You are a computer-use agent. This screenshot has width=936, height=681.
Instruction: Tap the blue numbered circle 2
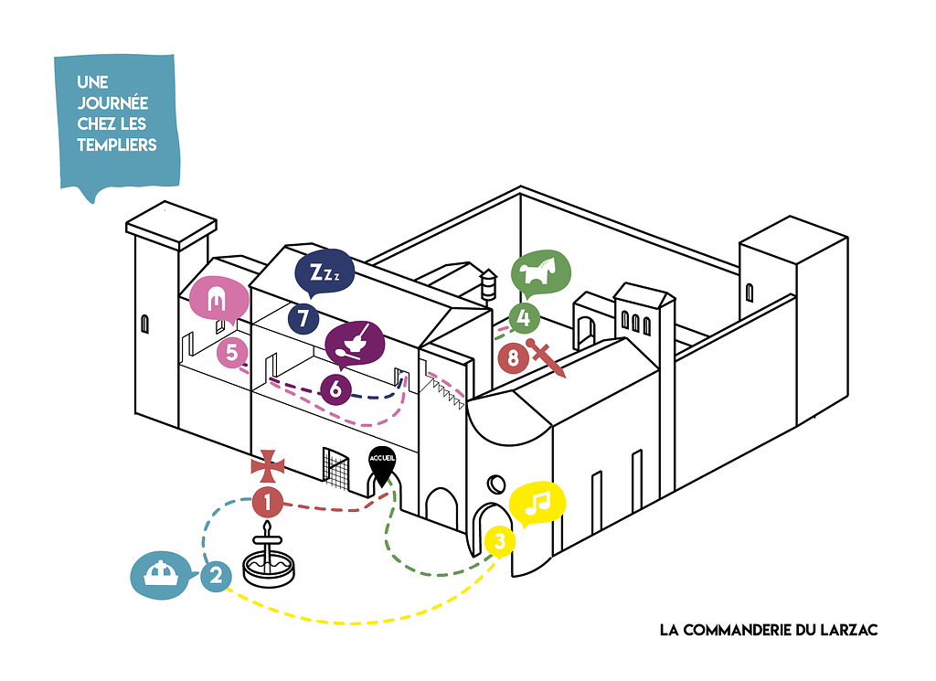point(216,576)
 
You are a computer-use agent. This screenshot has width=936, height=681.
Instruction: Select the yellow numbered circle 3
point(499,541)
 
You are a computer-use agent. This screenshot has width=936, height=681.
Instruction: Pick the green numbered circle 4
point(523,318)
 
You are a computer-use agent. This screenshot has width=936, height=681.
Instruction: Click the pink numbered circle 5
point(232,352)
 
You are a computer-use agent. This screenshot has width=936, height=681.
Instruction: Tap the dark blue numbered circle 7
point(303,319)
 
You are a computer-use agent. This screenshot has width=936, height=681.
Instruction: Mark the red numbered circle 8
point(513,357)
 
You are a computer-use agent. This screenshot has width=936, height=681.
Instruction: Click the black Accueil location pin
point(381,465)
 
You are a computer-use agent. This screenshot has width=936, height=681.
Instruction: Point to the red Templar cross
point(268,465)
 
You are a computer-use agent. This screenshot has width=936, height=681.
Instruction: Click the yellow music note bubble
point(538,502)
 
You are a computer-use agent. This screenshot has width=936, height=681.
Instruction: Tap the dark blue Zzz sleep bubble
point(324,271)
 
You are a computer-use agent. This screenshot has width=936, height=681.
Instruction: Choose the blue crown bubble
point(163,575)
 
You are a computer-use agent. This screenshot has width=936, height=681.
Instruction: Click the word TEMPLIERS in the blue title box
point(117,144)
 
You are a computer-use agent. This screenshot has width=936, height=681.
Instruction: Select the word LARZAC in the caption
point(845,630)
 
